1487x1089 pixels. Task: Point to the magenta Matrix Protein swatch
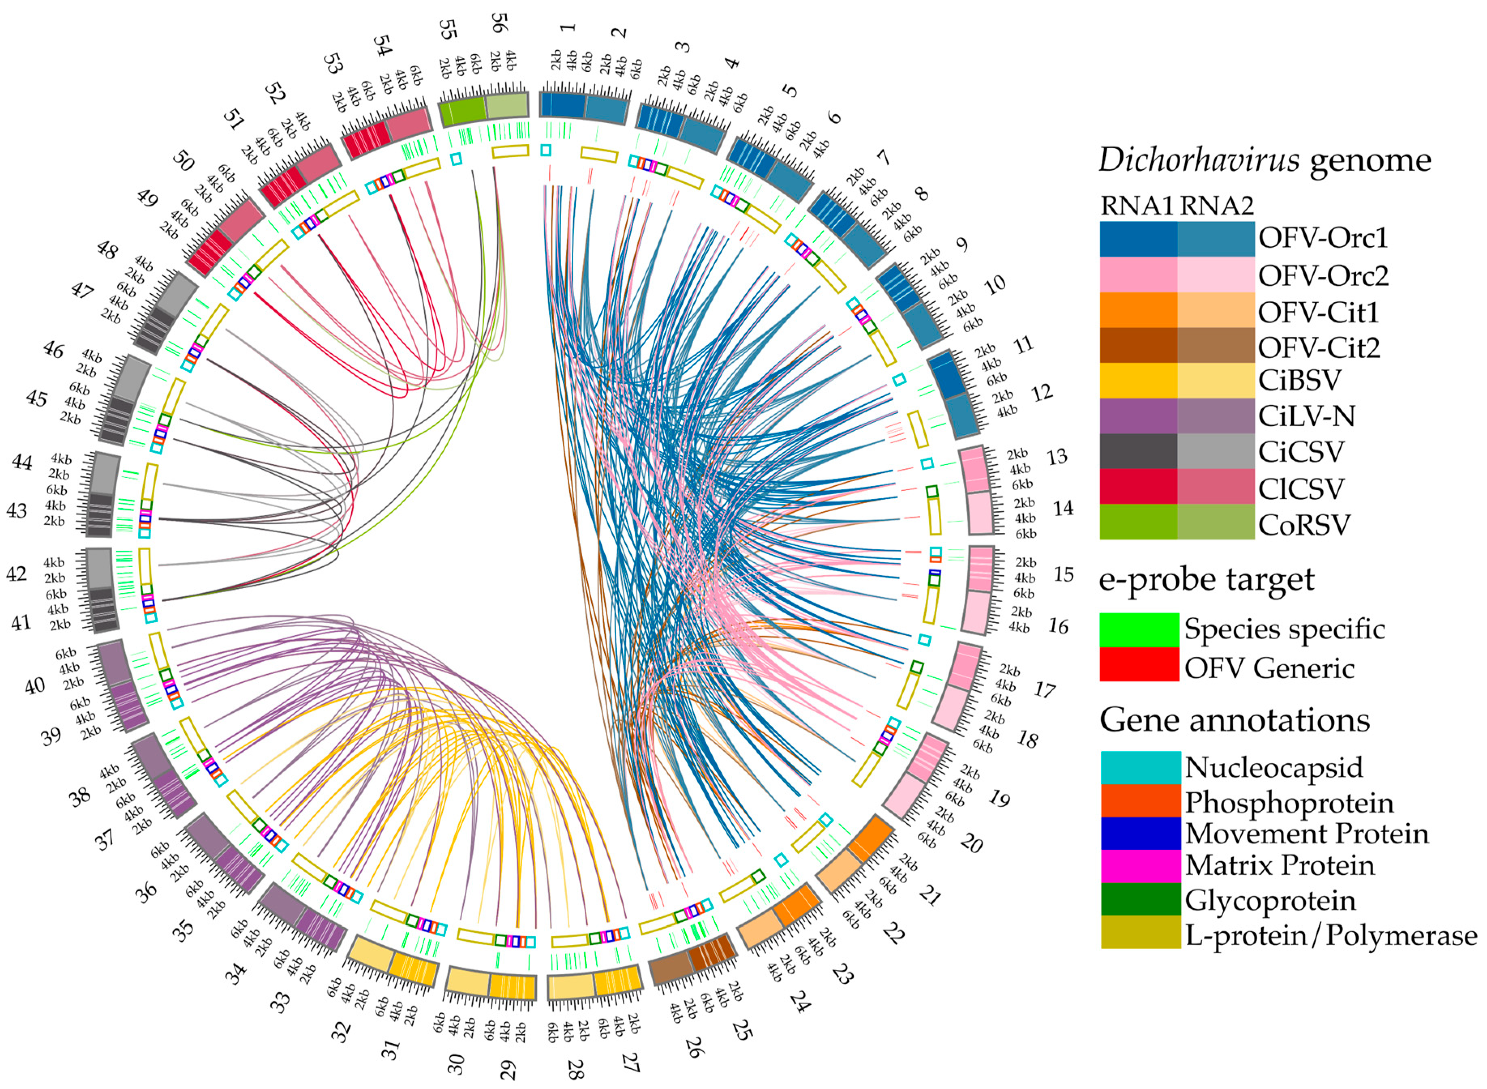coord(1140,865)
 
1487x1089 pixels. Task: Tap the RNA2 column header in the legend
coord(1216,206)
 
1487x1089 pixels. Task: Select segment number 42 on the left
coord(17,574)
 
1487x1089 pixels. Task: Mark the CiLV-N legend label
coord(1306,416)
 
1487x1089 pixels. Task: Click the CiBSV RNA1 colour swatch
coord(1138,380)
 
